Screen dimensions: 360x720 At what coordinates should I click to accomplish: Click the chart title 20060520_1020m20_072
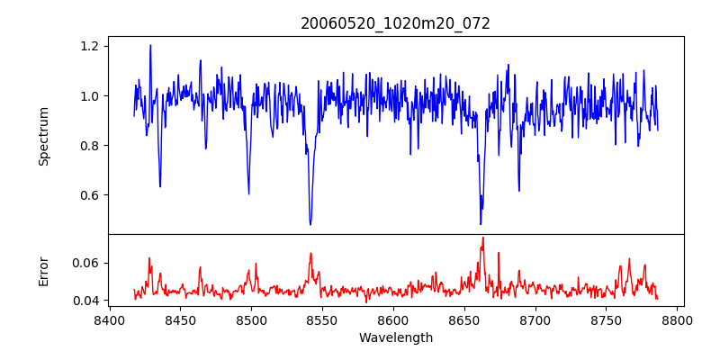pyautogui.click(x=395, y=23)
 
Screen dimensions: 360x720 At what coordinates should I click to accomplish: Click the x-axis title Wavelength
pyautogui.click(x=395, y=338)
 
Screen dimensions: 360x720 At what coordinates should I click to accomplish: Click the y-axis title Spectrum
pyautogui.click(x=43, y=136)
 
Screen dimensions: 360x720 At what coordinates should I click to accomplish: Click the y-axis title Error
pyautogui.click(x=43, y=271)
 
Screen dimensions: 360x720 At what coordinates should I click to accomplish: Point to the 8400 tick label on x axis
pyautogui.click(x=109, y=319)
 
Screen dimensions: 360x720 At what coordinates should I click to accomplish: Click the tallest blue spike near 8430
pyautogui.click(x=150, y=46)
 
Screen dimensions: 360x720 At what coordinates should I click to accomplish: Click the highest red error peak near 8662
pyautogui.click(x=482, y=238)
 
